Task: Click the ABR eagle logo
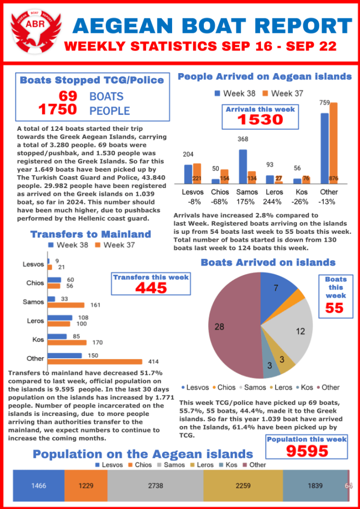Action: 36,31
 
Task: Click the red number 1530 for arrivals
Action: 260,119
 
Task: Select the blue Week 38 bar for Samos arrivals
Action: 243,167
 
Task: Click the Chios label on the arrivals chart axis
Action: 220,192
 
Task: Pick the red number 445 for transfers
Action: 151,288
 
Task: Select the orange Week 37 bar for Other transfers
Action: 94,362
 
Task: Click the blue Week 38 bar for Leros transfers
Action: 60,317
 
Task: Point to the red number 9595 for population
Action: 307,451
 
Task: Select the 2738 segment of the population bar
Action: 155,486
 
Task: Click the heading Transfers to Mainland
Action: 90,234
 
